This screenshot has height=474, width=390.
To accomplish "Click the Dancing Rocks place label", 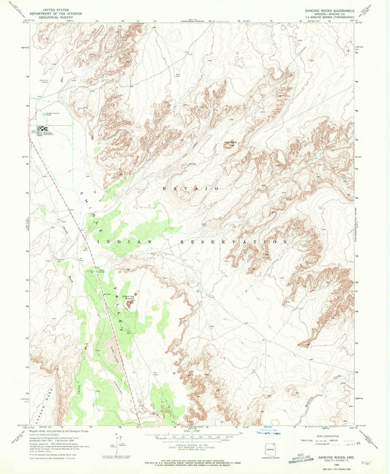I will click(129, 298).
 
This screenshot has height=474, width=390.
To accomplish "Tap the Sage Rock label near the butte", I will click(229, 140).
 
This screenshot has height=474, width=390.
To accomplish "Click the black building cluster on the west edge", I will click(40, 131).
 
